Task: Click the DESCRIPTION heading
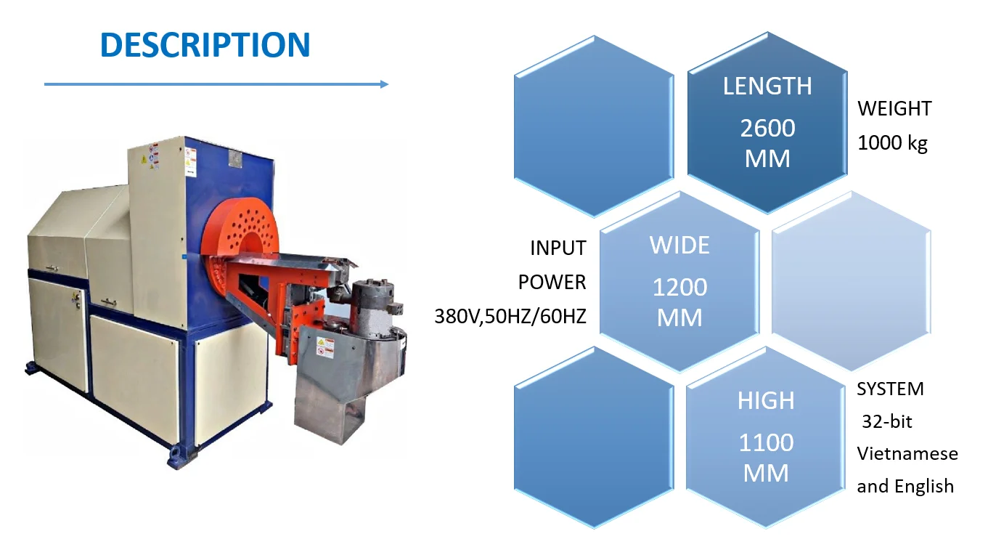coord(205,45)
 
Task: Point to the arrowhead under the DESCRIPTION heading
coord(384,84)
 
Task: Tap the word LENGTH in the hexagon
coord(767,86)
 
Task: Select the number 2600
coord(767,129)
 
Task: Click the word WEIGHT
coord(894,109)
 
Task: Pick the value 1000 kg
coord(892,143)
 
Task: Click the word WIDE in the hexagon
coord(679,246)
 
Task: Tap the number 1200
coord(679,288)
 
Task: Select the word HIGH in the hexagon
coord(766,400)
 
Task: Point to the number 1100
coord(766,442)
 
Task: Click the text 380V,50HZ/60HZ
coord(510,317)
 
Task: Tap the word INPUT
coord(558,248)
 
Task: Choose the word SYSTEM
coord(890,389)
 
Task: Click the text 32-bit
coord(886,421)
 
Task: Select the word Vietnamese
coord(907,454)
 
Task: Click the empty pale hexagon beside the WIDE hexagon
coord(850,280)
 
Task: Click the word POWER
coord(552,282)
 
